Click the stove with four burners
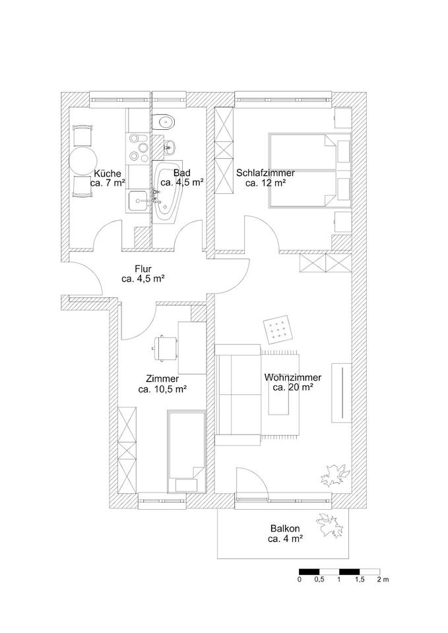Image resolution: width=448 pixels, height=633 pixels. (x=137, y=148)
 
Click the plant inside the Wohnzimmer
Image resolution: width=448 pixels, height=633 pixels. (x=334, y=473)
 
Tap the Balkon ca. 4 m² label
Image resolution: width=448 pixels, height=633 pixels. (x=285, y=533)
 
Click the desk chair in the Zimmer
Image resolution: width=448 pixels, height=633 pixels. (x=165, y=346)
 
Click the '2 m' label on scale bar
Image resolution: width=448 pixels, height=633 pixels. (x=383, y=580)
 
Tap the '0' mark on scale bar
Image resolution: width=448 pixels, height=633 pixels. (x=300, y=580)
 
